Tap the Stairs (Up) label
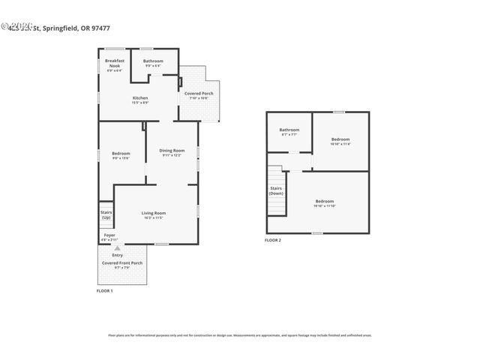[106, 214]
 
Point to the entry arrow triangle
[116, 247]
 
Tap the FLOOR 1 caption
[104, 290]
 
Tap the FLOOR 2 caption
[273, 240]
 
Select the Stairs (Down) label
[277, 191]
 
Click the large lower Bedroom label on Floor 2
[324, 202]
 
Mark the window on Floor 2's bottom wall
[317, 233]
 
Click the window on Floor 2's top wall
[339, 112]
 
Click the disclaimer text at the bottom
[240, 335]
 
